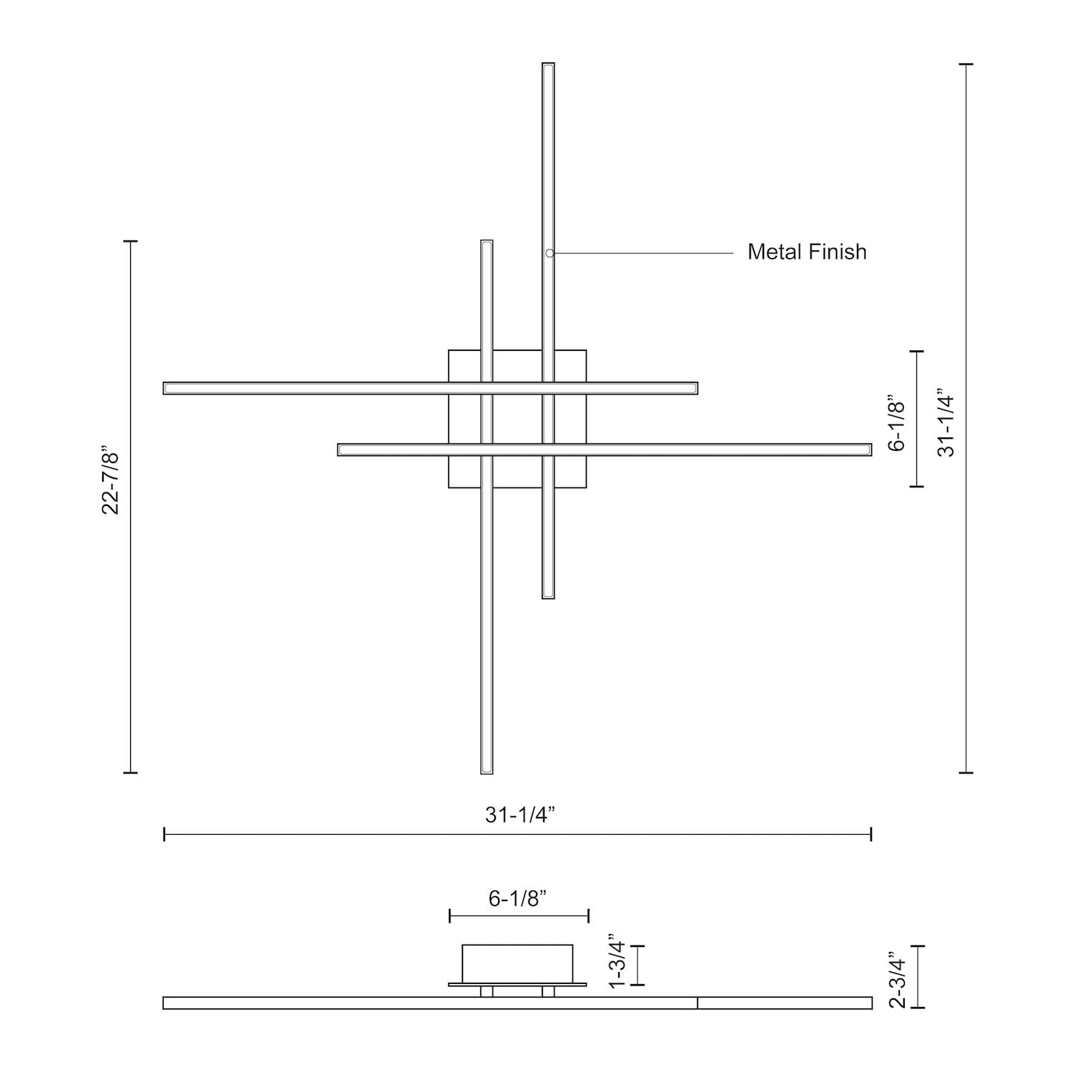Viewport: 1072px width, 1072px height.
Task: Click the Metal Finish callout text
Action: pyautogui.click(x=807, y=252)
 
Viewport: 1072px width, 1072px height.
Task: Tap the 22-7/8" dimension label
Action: pyautogui.click(x=111, y=482)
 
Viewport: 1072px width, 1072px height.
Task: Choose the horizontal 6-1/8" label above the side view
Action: pyautogui.click(x=518, y=898)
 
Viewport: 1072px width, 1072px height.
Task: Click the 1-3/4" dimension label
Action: pyautogui.click(x=616, y=961)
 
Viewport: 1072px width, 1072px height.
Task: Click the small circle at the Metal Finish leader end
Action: pyautogui.click(x=550, y=253)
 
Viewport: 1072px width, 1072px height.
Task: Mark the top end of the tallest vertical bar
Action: pyautogui.click(x=548, y=64)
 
